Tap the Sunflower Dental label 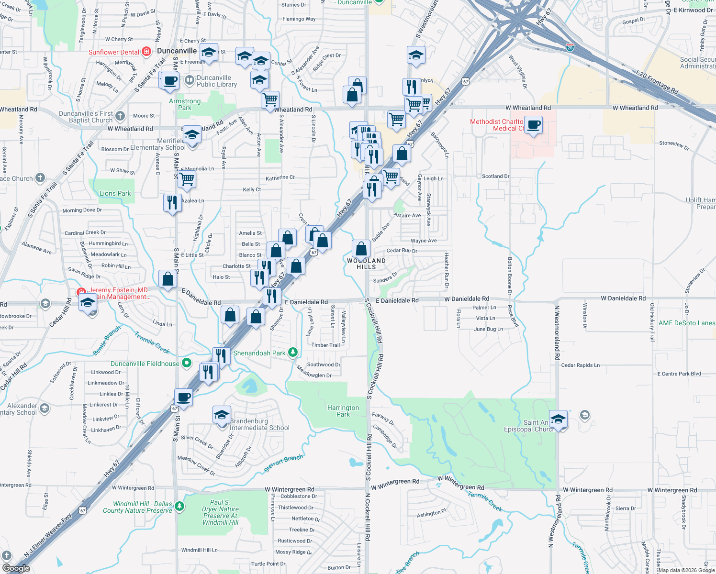[x=114, y=52]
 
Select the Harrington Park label [x=343, y=411]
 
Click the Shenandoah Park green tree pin [x=293, y=353]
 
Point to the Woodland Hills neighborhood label [x=366, y=264]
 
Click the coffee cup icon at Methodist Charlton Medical [x=533, y=125]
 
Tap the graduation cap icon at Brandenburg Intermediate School [x=222, y=415]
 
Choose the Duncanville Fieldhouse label [x=145, y=364]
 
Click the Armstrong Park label [x=185, y=104]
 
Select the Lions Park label [x=115, y=193]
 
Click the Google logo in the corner [x=16, y=568]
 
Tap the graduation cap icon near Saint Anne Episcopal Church [x=558, y=419]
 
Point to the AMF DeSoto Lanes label [x=686, y=323]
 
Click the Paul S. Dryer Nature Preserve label [x=220, y=512]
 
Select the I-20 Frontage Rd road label [x=657, y=83]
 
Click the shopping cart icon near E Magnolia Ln [x=187, y=179]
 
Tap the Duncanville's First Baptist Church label [x=87, y=117]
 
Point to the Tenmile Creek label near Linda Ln [x=152, y=342]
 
